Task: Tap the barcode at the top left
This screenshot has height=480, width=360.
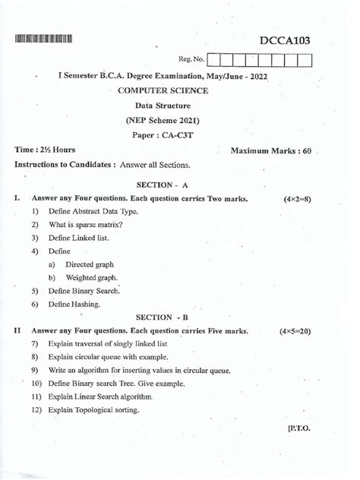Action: coord(43,39)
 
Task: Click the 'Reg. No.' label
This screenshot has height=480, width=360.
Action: coord(191,58)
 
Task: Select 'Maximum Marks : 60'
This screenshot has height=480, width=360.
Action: coord(271,151)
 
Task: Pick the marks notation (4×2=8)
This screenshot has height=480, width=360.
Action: coord(297,199)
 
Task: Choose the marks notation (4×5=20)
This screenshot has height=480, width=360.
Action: coord(295,332)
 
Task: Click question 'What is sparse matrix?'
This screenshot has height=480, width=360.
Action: coord(85,225)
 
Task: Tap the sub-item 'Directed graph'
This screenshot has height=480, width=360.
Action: coord(90,264)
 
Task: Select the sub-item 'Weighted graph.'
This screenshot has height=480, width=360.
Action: coord(91,278)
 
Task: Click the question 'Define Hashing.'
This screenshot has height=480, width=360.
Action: coord(74,304)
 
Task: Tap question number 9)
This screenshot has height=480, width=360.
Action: coord(35,371)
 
